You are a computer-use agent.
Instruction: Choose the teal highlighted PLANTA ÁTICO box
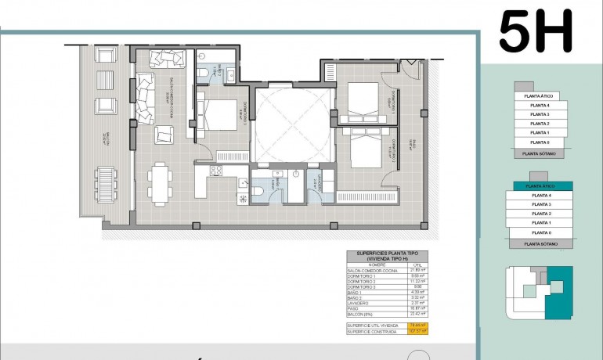543,186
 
